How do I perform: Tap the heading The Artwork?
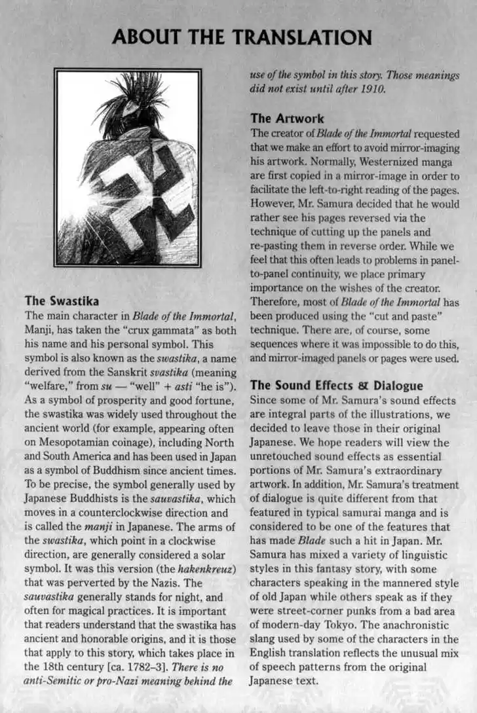tap(287, 119)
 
